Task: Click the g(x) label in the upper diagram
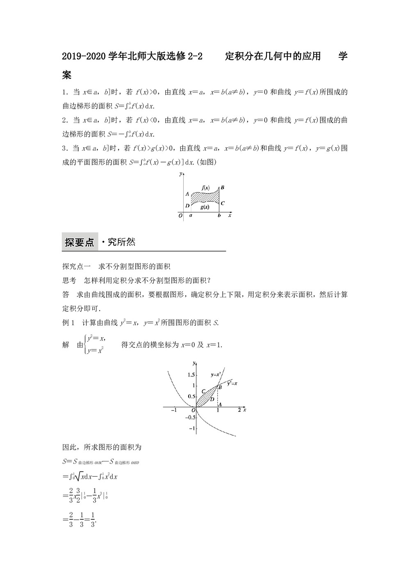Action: [205, 207]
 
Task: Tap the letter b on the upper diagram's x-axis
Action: [219, 215]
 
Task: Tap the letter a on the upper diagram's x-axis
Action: [191, 215]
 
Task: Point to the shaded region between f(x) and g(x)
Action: [205, 197]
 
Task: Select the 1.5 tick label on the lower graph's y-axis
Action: [191, 375]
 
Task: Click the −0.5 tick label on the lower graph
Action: [189, 418]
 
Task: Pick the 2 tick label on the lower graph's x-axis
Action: [239, 410]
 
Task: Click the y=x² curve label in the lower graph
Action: [216, 374]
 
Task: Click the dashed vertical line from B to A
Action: [218, 396]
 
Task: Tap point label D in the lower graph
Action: [212, 399]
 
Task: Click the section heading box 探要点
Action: [79, 242]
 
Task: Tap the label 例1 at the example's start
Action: [68, 323]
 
